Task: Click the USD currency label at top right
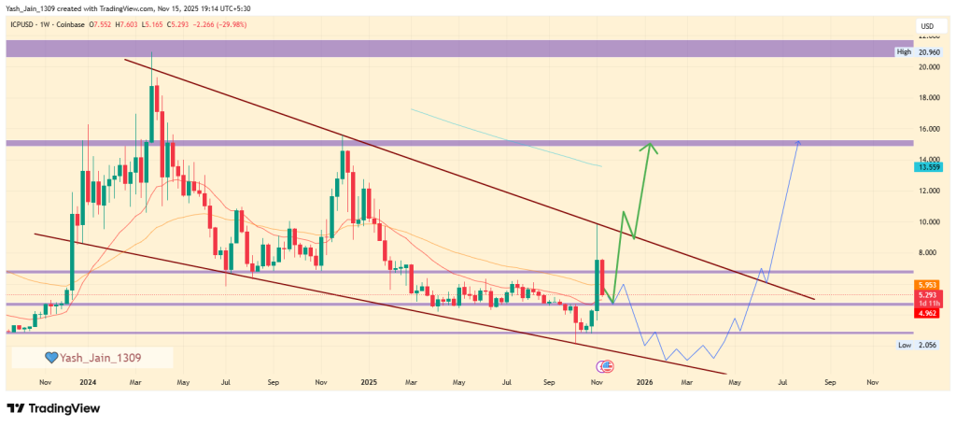pyautogui.click(x=928, y=25)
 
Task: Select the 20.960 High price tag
pyautogui.click(x=929, y=52)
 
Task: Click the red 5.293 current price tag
pyautogui.click(x=930, y=294)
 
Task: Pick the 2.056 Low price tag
pyautogui.click(x=930, y=345)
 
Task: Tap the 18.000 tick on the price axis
pyautogui.click(x=928, y=98)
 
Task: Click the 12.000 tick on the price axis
pyautogui.click(x=928, y=191)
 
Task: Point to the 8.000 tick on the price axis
pyautogui.click(x=928, y=252)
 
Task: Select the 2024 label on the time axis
pyautogui.click(x=89, y=383)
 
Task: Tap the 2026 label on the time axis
pyautogui.click(x=644, y=383)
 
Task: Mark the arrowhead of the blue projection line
pyautogui.click(x=798, y=142)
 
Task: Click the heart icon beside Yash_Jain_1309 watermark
pyautogui.click(x=52, y=357)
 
